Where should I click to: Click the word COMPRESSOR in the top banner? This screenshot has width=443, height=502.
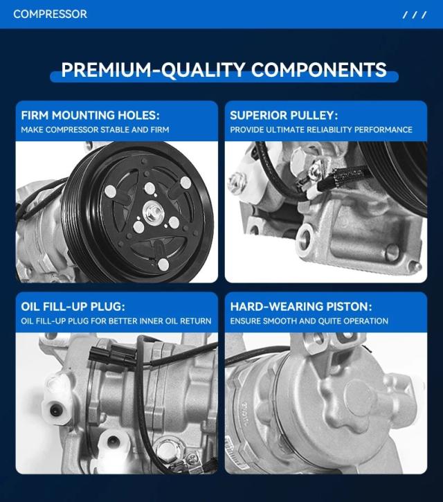click(x=50, y=14)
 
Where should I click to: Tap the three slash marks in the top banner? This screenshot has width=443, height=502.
click(x=415, y=15)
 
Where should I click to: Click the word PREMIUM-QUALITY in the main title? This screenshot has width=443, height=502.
click(x=153, y=69)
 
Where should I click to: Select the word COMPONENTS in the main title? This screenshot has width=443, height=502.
click(x=319, y=69)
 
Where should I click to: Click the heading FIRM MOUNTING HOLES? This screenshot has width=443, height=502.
click(x=90, y=115)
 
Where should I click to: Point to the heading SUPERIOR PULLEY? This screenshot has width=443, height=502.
click(x=284, y=115)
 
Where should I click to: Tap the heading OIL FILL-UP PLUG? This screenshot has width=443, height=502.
click(x=73, y=306)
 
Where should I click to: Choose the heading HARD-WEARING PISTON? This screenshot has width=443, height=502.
click(x=301, y=306)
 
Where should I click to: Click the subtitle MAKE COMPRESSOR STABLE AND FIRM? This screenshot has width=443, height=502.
click(x=95, y=129)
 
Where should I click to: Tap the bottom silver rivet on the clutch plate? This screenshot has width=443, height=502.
click(x=163, y=265)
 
